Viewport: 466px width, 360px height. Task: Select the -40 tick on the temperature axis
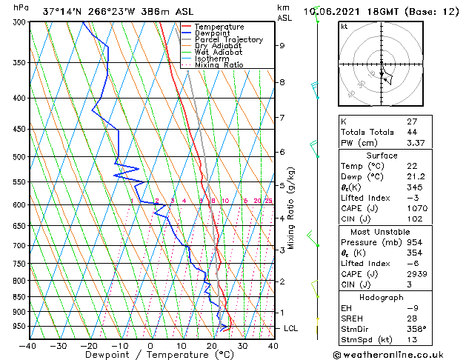coord(28,345)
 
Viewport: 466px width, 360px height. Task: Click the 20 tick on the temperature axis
coord(212,345)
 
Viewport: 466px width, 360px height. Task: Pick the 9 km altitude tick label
coord(282,45)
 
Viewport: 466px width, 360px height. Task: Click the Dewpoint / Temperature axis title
coord(151,355)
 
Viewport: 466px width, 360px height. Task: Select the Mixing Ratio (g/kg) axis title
coord(292,207)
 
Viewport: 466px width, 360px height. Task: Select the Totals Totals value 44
coord(412,132)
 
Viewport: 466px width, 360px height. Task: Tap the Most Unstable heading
coord(382,232)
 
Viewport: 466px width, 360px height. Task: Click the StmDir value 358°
coord(417,330)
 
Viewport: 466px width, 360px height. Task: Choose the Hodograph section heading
coord(382,297)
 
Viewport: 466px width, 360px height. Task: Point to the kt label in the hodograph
coord(344,26)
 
